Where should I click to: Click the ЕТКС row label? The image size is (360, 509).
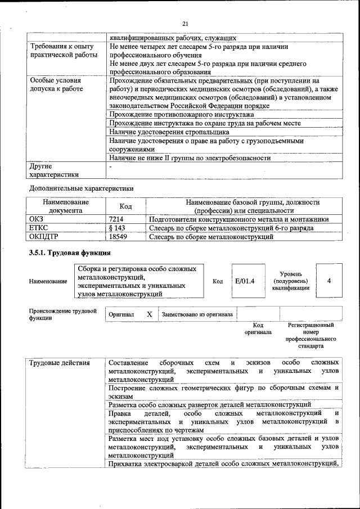click(39, 228)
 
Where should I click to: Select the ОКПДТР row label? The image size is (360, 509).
click(44, 237)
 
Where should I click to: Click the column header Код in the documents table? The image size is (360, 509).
click(126, 206)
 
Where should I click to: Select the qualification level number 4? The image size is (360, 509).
click(328, 280)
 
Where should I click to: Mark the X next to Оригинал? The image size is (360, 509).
click(150, 314)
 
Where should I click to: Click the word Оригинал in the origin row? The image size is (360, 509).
click(121, 315)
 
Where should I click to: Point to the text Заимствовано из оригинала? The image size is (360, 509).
click(197, 315)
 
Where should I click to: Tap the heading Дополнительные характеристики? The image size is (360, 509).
click(81, 188)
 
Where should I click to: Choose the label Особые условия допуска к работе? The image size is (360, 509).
click(56, 84)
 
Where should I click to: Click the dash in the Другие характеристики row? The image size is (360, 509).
click(111, 167)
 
